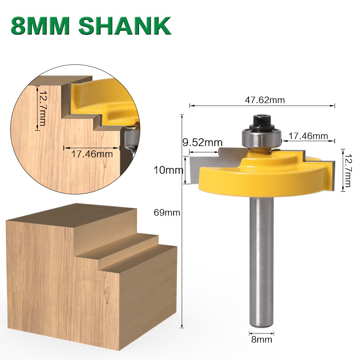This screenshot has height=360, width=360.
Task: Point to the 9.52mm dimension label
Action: coord(202,143)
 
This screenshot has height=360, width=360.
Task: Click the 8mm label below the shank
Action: coord(261,339)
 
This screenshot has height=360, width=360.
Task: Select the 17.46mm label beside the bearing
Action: coord(308,136)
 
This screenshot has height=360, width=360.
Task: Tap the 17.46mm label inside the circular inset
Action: coord(92,154)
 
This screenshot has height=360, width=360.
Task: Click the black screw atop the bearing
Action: coord(261,121)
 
